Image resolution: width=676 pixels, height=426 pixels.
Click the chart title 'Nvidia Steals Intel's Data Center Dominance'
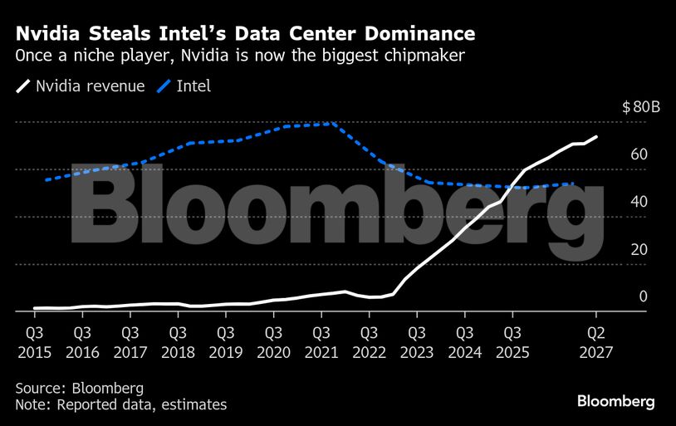[246, 34]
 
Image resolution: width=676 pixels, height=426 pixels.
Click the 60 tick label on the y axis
[639, 154]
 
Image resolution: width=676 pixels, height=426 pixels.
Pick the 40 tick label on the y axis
[639, 202]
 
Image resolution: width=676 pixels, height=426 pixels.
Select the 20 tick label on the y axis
[639, 249]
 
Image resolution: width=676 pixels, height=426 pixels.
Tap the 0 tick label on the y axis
[643, 296]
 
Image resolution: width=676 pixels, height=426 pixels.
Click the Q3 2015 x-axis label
[35, 342]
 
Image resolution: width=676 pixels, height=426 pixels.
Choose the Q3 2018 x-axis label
[178, 342]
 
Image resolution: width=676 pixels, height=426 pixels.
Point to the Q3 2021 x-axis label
[321, 342]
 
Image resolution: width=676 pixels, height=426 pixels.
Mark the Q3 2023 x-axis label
[417, 342]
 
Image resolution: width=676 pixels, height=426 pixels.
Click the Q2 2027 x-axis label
[595, 342]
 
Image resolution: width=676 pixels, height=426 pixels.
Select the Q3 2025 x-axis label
[512, 342]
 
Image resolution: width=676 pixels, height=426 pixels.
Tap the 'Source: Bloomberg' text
[79, 388]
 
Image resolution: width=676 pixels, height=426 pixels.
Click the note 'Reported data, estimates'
[120, 404]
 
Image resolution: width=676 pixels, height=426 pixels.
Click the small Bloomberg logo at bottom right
[616, 402]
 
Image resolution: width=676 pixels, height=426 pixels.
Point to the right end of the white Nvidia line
[596, 137]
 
